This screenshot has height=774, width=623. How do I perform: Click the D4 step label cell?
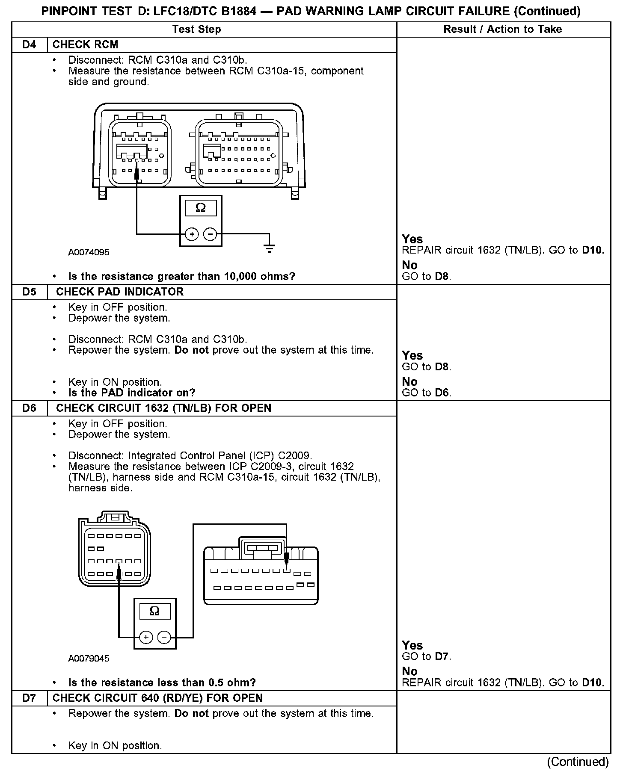click(29, 45)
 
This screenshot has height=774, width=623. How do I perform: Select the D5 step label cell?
click(29, 292)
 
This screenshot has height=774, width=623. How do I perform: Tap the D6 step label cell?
click(29, 408)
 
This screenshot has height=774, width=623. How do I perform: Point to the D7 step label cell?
click(29, 698)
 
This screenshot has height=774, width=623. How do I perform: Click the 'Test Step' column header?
click(196, 29)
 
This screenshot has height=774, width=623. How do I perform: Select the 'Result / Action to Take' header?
click(502, 29)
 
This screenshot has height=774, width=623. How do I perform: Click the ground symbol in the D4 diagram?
click(269, 247)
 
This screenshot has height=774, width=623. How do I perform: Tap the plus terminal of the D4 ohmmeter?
click(192, 234)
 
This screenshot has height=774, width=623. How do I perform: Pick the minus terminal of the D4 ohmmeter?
click(210, 234)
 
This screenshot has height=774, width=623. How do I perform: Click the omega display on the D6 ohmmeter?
click(155, 611)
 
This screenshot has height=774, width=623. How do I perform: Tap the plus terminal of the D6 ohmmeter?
click(146, 638)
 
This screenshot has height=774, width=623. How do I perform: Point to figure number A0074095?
click(89, 252)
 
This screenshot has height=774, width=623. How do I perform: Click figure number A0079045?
click(89, 658)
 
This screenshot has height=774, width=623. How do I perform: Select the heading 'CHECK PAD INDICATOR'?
click(119, 292)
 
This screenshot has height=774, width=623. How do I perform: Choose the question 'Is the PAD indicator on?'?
click(131, 393)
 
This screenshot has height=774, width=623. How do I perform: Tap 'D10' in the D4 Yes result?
click(593, 250)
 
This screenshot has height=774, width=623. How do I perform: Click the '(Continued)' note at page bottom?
click(577, 761)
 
